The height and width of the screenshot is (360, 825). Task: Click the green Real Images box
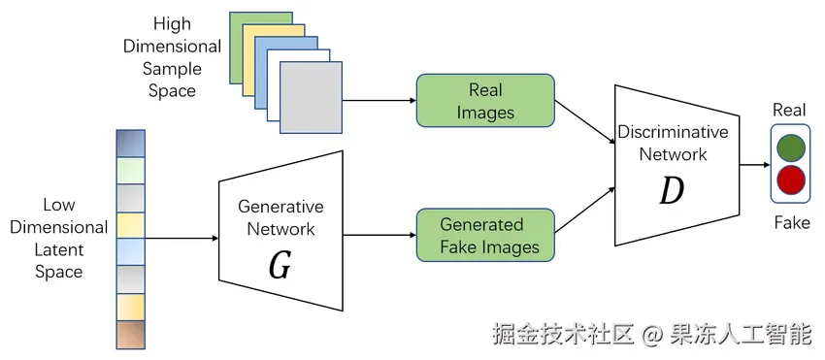click(x=485, y=101)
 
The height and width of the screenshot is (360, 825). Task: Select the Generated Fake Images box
click(x=485, y=235)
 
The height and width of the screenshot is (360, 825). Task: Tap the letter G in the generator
click(x=280, y=267)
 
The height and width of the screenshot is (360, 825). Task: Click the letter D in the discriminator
click(x=672, y=191)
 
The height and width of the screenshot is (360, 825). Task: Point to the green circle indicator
click(x=791, y=147)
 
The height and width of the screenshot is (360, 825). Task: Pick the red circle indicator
click(x=791, y=180)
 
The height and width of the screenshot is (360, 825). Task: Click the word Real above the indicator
click(x=789, y=110)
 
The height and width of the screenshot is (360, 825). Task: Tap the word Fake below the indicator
click(x=792, y=222)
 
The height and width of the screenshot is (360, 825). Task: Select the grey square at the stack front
click(x=311, y=97)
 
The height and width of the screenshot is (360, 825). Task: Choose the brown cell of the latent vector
click(x=130, y=336)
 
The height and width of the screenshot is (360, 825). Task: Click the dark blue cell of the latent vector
click(x=130, y=144)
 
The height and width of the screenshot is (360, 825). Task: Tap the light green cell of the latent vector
click(x=130, y=171)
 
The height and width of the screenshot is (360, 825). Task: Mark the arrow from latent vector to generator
click(x=181, y=239)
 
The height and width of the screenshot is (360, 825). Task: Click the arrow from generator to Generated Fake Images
click(x=379, y=235)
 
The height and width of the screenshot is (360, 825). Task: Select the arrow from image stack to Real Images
click(x=379, y=101)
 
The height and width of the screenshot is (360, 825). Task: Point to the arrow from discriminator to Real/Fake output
click(x=755, y=165)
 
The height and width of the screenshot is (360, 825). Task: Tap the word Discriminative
click(x=673, y=132)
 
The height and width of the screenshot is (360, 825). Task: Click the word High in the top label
click(x=172, y=24)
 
